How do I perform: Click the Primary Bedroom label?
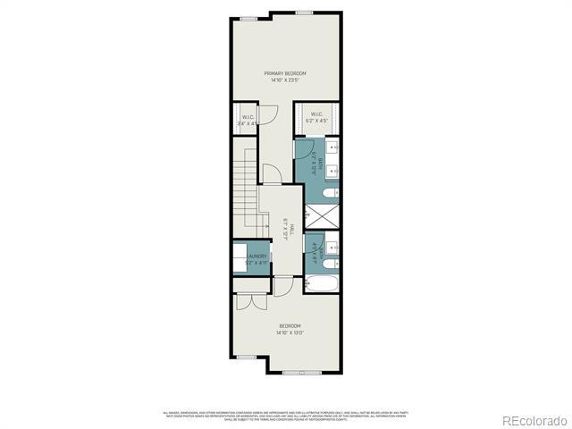285,72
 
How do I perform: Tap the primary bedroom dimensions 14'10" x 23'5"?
285,80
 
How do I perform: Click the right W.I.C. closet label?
316,114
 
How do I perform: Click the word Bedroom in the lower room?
290,325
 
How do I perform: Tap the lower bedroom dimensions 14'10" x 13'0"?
290,333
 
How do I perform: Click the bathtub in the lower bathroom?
322,285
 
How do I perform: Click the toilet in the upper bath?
330,193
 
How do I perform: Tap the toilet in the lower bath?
330,265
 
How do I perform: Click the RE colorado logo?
533,420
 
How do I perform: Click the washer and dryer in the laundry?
240,256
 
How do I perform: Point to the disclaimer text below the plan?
285,414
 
